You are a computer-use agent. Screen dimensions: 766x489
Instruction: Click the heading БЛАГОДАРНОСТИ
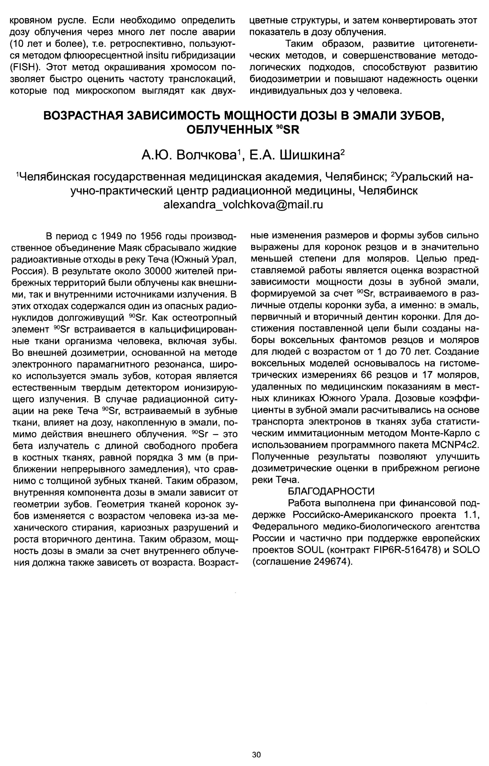(331, 491)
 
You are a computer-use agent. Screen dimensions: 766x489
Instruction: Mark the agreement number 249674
(331, 561)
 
